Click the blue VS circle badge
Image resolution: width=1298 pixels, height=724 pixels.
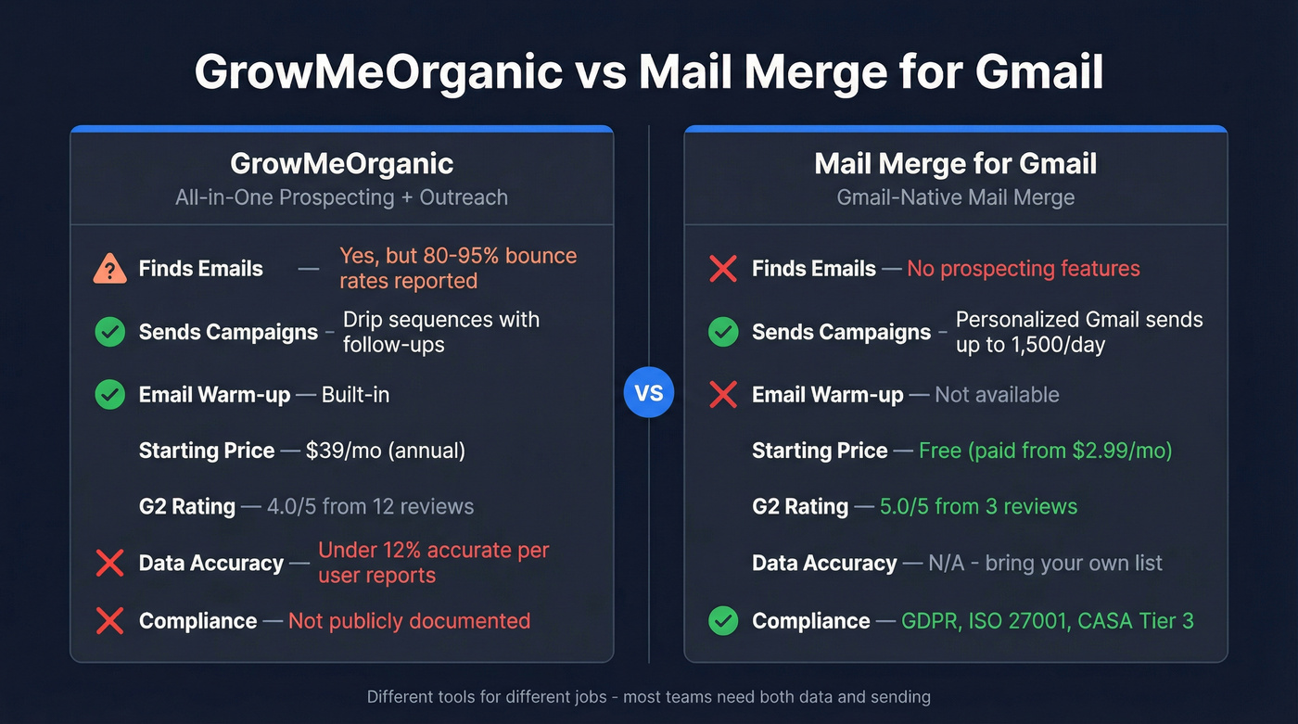(x=649, y=393)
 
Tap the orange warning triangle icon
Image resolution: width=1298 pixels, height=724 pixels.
(x=110, y=269)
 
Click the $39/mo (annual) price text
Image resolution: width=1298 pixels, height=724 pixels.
(x=386, y=451)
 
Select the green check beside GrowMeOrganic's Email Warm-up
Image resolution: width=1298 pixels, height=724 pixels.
(x=110, y=395)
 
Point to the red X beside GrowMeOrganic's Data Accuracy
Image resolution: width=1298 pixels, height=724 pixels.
(x=110, y=564)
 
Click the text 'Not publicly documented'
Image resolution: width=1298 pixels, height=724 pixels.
(x=409, y=621)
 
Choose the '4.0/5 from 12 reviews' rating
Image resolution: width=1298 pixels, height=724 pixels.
(x=370, y=507)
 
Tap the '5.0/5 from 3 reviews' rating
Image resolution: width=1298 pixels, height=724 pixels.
(x=979, y=507)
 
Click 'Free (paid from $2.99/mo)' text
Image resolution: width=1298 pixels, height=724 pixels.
(x=1045, y=451)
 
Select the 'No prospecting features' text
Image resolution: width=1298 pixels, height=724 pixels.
(x=1023, y=269)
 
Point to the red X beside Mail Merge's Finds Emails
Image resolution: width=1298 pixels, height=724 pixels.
(x=723, y=269)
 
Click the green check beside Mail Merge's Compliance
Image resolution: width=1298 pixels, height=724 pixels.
(x=723, y=621)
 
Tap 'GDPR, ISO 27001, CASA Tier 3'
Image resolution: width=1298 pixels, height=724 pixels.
(x=1048, y=621)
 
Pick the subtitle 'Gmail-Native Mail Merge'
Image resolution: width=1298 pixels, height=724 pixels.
(x=955, y=197)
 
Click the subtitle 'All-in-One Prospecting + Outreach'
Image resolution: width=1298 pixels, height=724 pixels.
(x=341, y=197)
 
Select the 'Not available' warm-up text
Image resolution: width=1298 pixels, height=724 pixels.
(x=997, y=395)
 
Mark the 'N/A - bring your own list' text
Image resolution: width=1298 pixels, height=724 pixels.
(x=1045, y=564)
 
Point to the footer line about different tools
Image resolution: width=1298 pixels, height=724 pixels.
(x=649, y=696)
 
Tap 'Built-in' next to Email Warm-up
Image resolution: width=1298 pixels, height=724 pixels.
(x=355, y=395)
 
